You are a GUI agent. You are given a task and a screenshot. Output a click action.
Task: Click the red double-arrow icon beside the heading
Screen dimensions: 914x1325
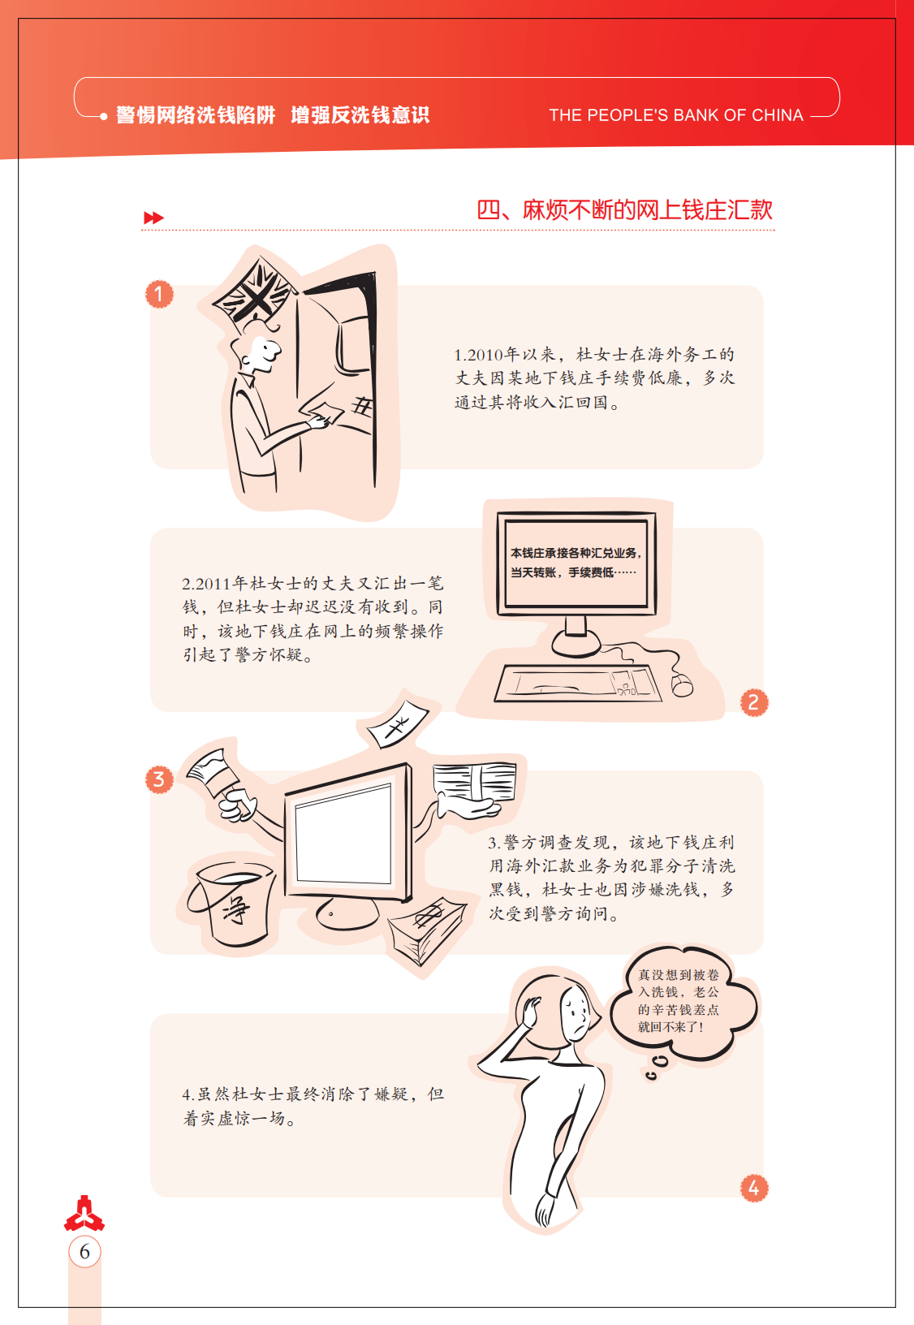pyautogui.click(x=153, y=218)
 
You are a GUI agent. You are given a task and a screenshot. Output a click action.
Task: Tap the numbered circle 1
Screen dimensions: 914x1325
pyautogui.click(x=159, y=294)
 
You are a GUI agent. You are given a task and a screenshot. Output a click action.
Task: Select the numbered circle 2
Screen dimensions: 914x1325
pyautogui.click(x=753, y=703)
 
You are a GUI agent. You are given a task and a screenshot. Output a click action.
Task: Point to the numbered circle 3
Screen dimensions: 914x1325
pyautogui.click(x=159, y=779)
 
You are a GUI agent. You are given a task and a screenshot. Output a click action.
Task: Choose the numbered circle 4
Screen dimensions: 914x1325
pyautogui.click(x=753, y=1188)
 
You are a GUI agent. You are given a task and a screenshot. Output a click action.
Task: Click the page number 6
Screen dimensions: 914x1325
pyautogui.click(x=84, y=1252)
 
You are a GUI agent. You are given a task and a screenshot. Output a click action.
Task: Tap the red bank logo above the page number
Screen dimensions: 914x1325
pyautogui.click(x=84, y=1213)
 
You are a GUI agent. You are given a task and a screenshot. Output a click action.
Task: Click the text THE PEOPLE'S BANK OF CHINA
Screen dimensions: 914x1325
pyautogui.click(x=675, y=114)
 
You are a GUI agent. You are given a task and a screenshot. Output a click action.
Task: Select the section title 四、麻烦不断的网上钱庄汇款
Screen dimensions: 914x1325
pyautogui.click(x=624, y=210)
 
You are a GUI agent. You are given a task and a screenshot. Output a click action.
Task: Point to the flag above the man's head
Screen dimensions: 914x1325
pyautogui.click(x=256, y=290)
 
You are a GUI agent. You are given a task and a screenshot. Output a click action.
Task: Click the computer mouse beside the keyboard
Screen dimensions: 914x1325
pyautogui.click(x=682, y=685)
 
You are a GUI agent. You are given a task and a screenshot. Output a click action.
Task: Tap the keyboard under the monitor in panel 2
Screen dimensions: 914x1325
pyautogui.click(x=577, y=684)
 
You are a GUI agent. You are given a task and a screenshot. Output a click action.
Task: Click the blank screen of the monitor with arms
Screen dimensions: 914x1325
pyautogui.click(x=343, y=835)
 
